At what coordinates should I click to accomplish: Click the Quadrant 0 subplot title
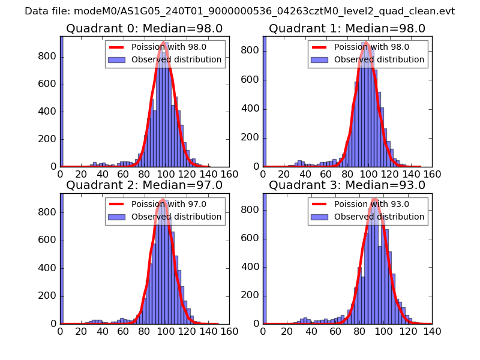click(x=145, y=28)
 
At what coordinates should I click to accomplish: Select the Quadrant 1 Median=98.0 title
click(x=347, y=28)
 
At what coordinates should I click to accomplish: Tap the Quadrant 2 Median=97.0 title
click(x=145, y=185)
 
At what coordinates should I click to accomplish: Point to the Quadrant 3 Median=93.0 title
click(x=347, y=185)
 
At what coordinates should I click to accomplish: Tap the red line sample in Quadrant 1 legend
click(x=319, y=47)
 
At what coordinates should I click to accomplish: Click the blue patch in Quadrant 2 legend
click(x=116, y=217)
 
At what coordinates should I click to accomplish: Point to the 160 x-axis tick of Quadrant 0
click(x=229, y=174)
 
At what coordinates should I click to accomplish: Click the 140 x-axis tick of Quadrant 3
click(x=432, y=331)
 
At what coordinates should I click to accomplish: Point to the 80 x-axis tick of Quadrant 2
click(x=145, y=331)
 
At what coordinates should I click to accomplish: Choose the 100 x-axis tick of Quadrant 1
click(x=368, y=174)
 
